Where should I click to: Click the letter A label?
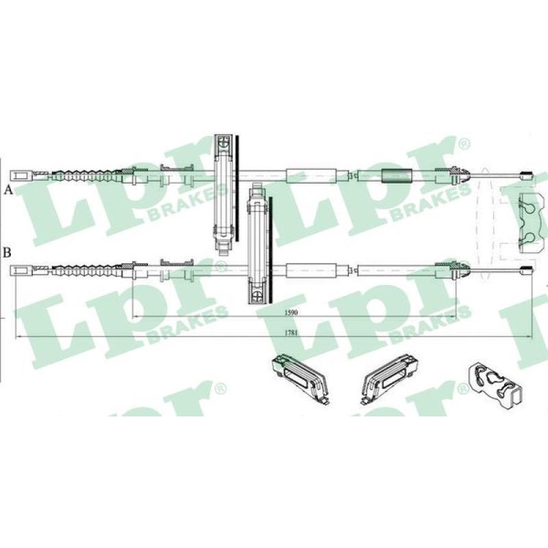pyautogui.click(x=8, y=190)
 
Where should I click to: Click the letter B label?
pyautogui.click(x=8, y=252)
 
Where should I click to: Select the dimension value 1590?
pyautogui.click(x=290, y=312)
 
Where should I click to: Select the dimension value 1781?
pyautogui.click(x=290, y=333)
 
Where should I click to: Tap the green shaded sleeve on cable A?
pyautogui.click(x=397, y=175)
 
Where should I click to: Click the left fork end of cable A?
pyautogui.click(x=22, y=175)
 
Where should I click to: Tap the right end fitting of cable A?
pyautogui.click(x=527, y=175)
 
